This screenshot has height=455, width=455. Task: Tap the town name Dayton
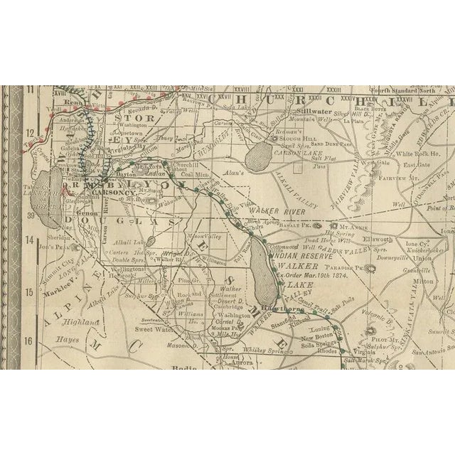(126, 173)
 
